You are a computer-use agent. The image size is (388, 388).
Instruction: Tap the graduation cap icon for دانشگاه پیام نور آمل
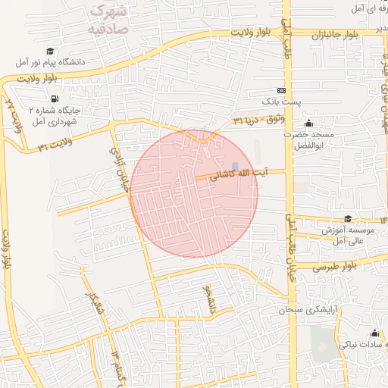coord(49,51)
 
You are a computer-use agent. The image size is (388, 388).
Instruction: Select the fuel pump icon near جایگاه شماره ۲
coord(54,99)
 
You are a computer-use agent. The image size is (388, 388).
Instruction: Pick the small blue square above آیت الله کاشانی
coord(235,166)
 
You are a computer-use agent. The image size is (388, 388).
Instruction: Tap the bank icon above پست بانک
coord(282,89)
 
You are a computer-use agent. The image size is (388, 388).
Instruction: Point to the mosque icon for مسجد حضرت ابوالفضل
coord(308,124)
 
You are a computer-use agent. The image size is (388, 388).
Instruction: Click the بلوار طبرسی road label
coord(333,267)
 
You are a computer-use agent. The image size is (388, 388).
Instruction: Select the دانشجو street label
coord(209,299)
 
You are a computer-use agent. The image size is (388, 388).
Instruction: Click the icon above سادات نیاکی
coord(374,333)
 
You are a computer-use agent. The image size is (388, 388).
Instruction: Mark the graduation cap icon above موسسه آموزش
coord(348,219)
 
